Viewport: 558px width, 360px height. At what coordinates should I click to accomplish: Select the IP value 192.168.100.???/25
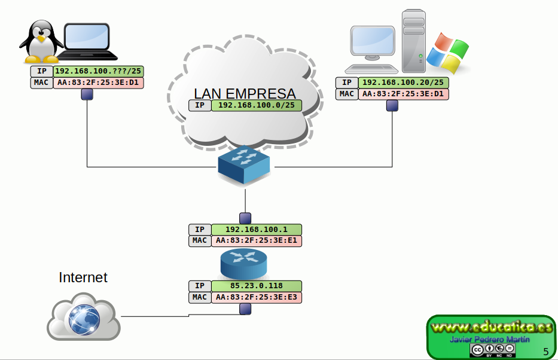pos(98,71)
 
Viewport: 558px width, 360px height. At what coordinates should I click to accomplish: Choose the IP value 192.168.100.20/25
pos(403,83)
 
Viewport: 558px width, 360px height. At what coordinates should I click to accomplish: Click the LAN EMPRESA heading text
pos(245,93)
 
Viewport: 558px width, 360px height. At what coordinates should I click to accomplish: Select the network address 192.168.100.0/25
pos(255,105)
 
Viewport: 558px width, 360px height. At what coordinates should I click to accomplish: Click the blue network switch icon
pos(244,164)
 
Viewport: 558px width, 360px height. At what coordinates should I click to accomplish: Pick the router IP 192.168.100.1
pos(256,229)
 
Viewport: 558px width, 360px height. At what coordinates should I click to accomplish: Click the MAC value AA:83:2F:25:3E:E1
pos(256,240)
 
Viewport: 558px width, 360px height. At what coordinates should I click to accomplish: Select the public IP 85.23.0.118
pos(256,286)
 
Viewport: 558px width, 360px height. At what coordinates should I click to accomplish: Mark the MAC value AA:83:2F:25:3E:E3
pos(256,297)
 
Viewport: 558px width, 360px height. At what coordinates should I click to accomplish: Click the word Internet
pos(83,277)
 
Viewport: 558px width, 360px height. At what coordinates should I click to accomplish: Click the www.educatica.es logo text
pos(490,328)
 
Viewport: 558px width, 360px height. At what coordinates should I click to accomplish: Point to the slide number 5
pos(546,351)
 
